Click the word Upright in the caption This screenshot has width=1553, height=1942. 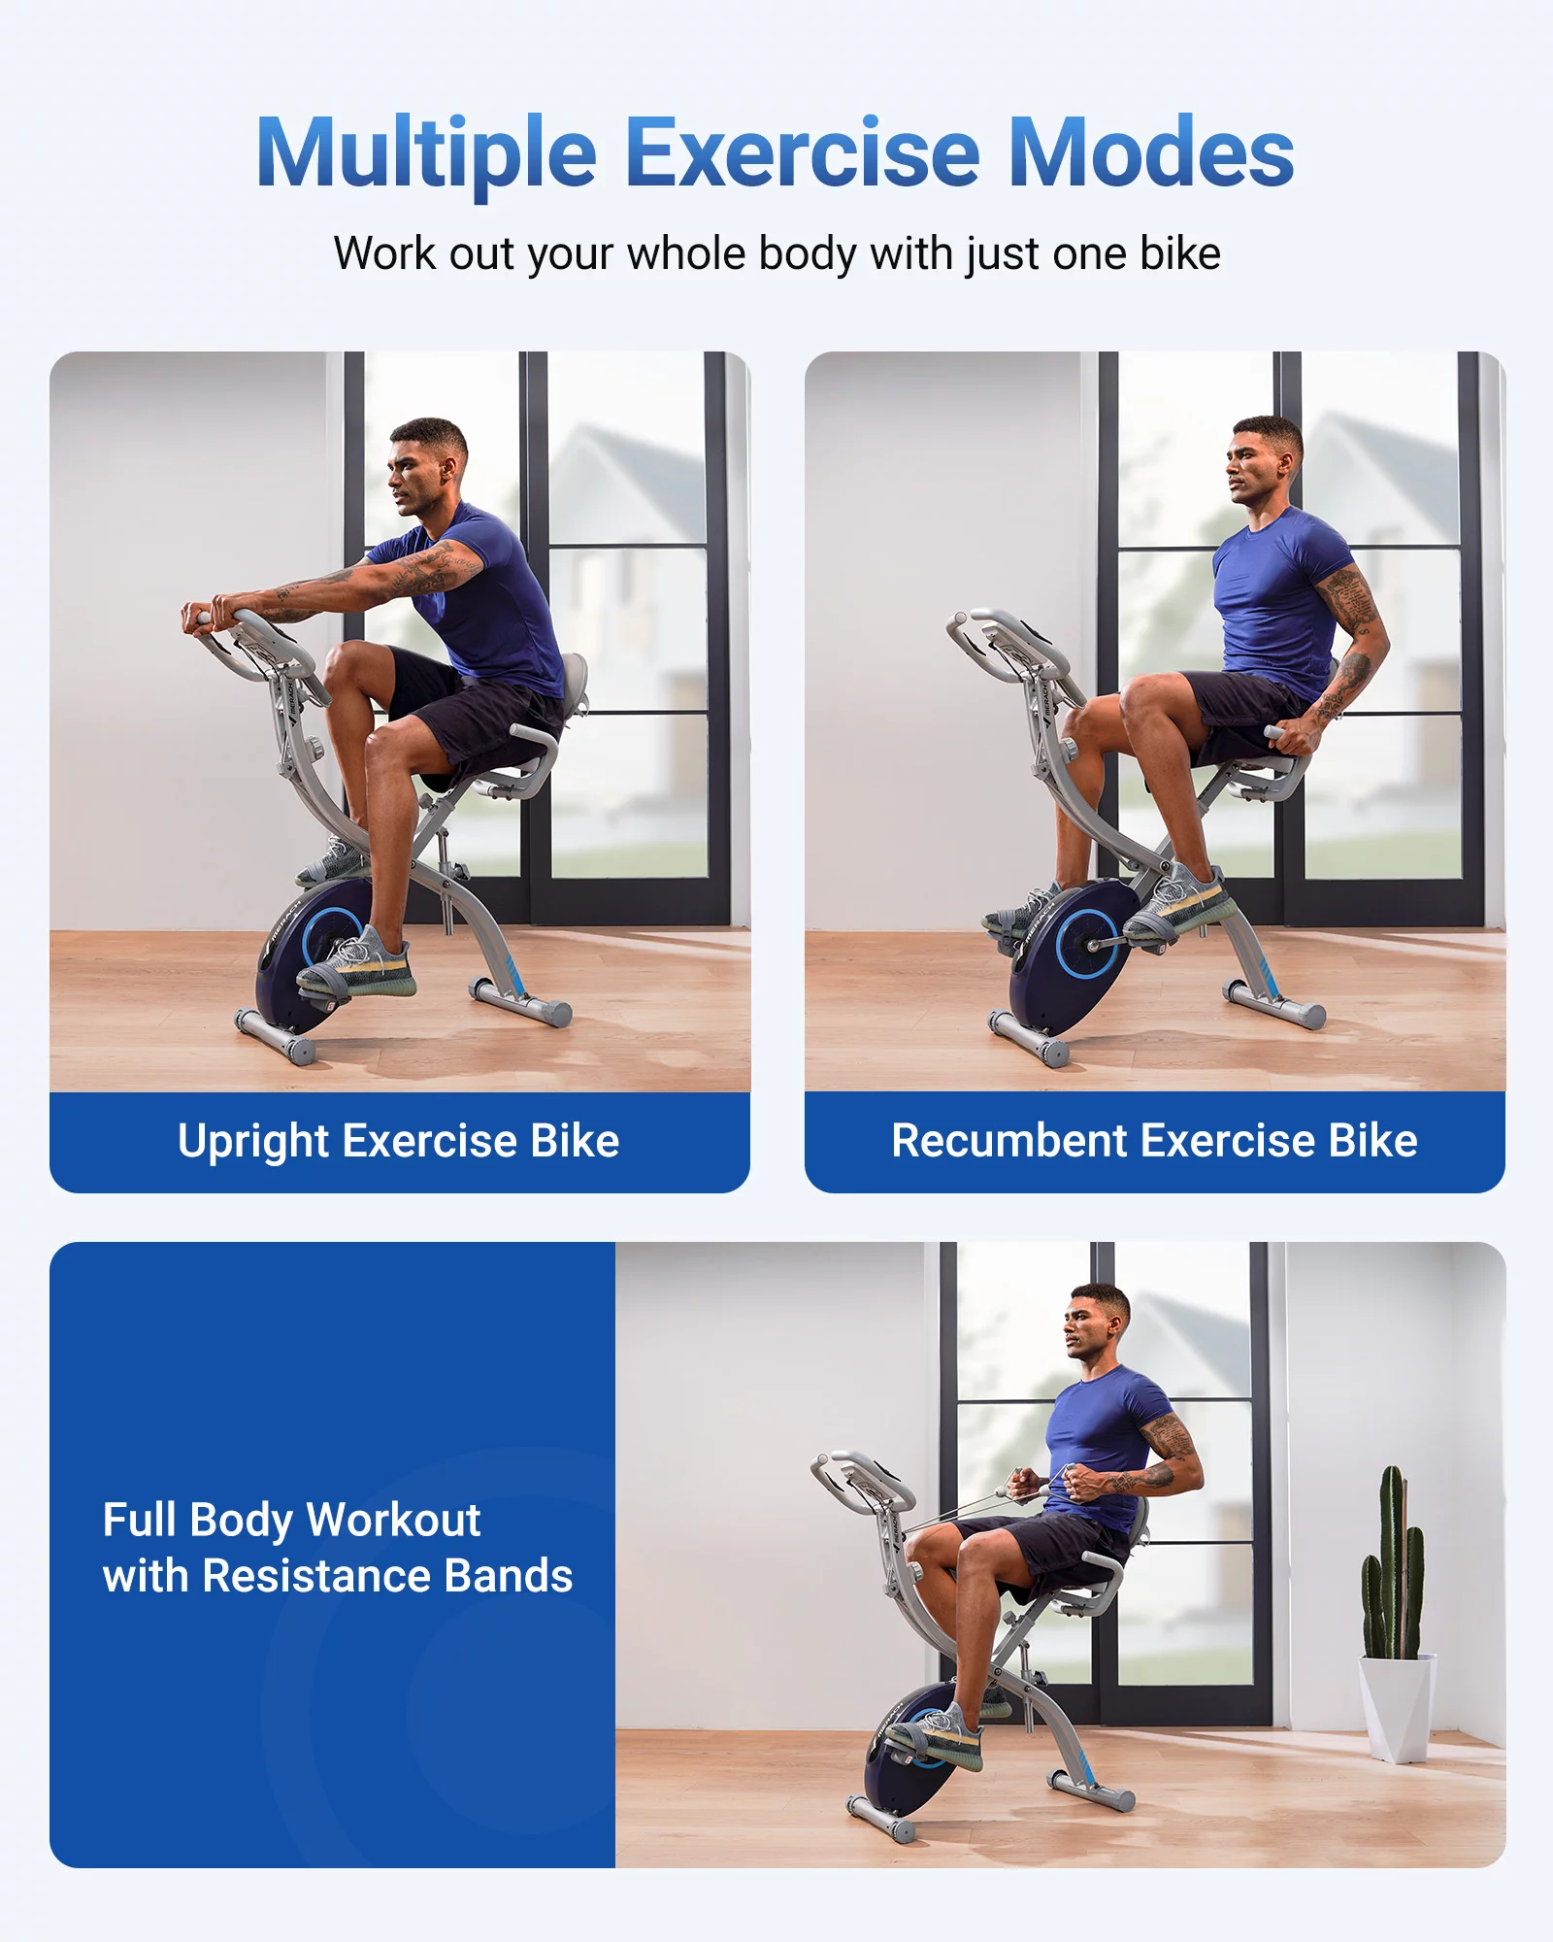(254, 1141)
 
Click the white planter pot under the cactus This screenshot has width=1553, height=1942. (1398, 1706)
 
